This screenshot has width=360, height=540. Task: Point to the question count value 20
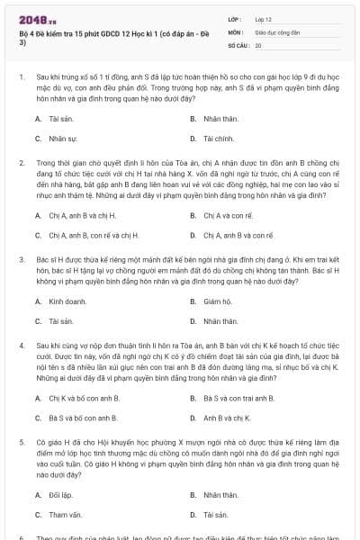(258, 44)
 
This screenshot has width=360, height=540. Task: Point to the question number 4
(21, 344)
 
